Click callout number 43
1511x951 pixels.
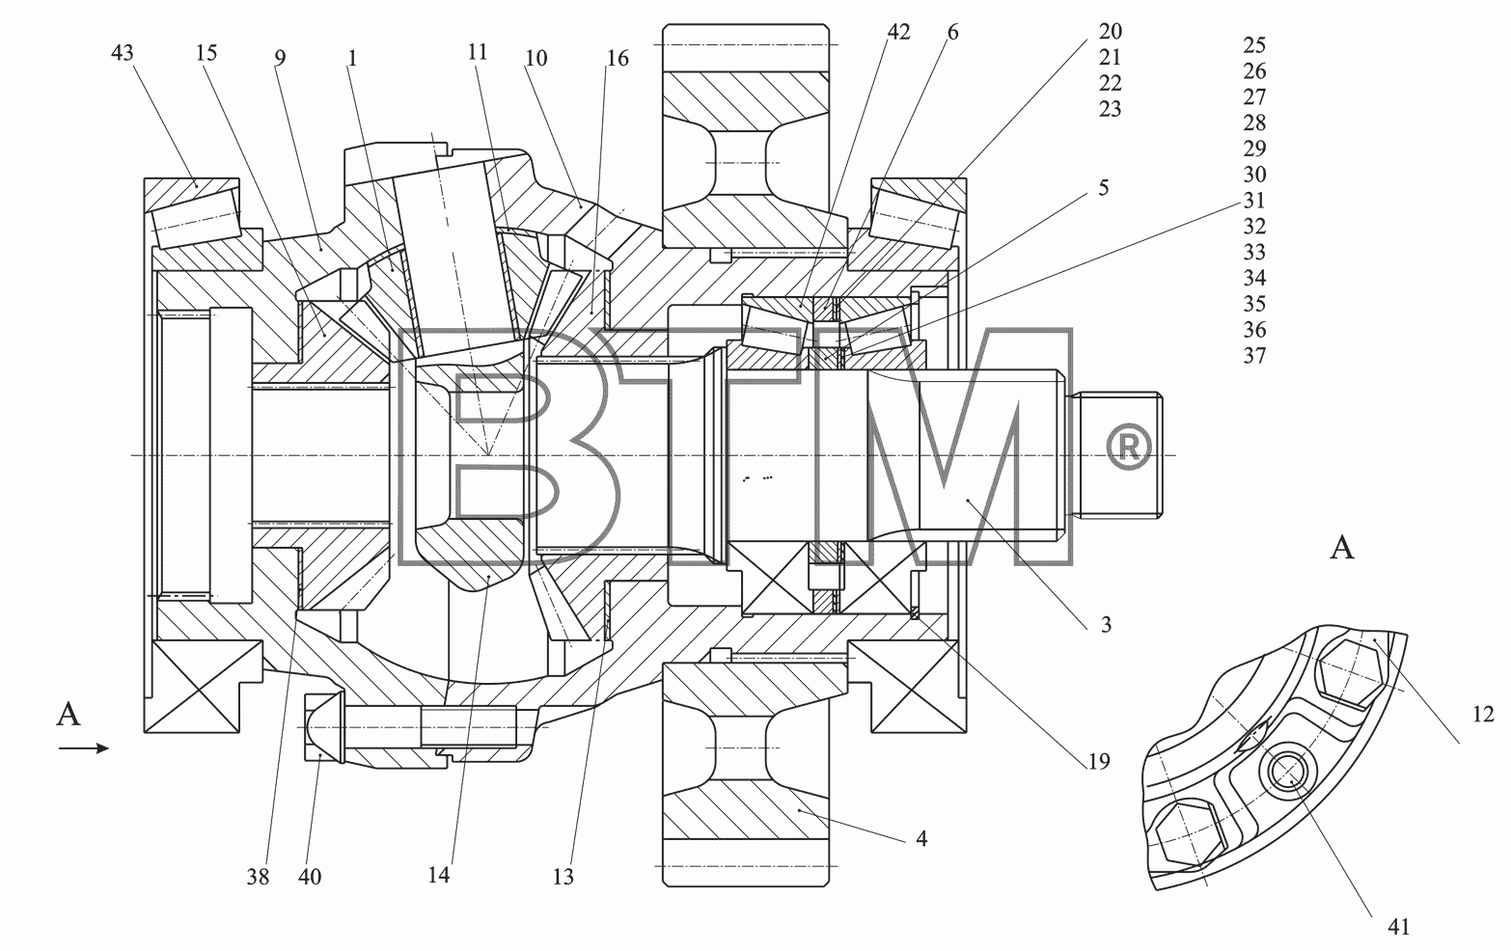(123, 53)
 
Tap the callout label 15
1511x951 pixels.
(206, 53)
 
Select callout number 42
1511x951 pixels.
(898, 32)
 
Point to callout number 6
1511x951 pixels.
(952, 32)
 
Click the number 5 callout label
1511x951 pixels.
(1104, 187)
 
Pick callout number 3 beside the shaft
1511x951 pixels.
(1106, 625)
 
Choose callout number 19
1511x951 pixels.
(1099, 761)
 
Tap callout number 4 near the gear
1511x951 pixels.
(921, 838)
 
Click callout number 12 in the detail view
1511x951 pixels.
(1483, 714)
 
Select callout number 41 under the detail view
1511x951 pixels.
(1399, 928)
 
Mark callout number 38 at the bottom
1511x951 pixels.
(258, 877)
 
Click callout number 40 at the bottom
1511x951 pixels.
(310, 877)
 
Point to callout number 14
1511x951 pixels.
(438, 876)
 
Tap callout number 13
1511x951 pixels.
(563, 877)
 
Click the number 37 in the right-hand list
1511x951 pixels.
(1254, 356)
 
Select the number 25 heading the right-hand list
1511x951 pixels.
(1254, 45)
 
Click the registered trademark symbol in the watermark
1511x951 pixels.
(1129, 447)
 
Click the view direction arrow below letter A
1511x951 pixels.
(84, 748)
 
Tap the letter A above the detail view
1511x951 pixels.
(1342, 548)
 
